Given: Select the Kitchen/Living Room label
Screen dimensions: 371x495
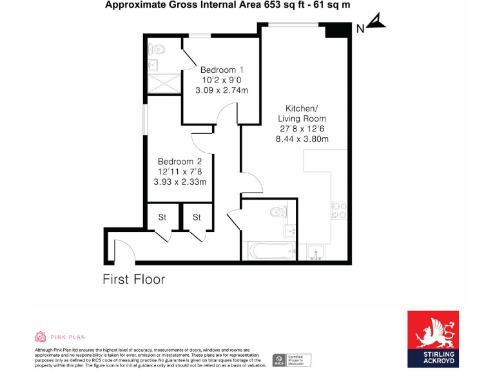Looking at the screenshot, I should tap(302, 113).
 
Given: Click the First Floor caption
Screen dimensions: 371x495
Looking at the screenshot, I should tap(133, 280).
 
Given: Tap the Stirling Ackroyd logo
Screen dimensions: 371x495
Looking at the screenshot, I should tap(432, 339).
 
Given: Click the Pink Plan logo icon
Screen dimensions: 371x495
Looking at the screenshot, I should tap(39, 336).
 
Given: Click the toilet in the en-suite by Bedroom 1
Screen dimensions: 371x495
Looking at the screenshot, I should tap(157, 48).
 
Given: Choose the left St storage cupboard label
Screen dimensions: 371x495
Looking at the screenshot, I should tap(162, 217).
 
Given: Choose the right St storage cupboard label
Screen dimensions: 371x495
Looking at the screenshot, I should tap(197, 217).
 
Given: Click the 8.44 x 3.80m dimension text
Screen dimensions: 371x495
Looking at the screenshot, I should tap(302, 139).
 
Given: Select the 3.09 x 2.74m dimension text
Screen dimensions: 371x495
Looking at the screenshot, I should tap(222, 91).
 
